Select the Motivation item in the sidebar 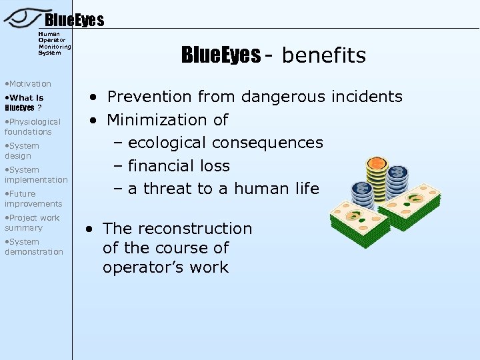coord(28,84)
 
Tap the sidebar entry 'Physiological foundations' coord(32,127)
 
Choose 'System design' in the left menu coord(22,151)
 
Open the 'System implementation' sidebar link coord(35,175)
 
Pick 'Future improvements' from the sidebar coord(33,199)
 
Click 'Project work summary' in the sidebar coord(32,223)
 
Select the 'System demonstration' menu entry coord(33,247)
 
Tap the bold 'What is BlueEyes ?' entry coord(23,102)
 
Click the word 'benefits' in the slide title coord(324,55)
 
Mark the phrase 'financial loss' coord(179,166)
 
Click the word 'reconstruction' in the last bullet coord(200,229)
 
